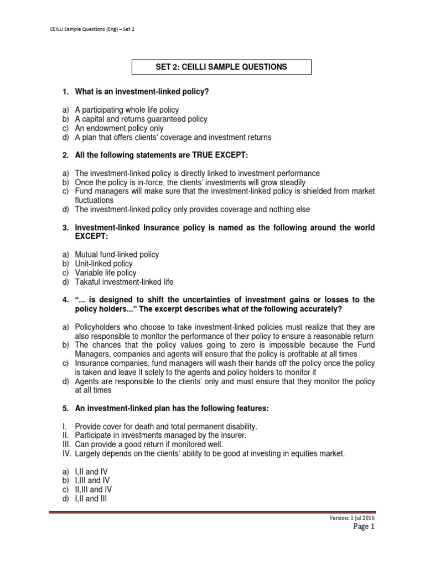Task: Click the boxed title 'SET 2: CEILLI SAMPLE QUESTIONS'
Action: pyautogui.click(x=221, y=67)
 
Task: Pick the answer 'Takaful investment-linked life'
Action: pyautogui.click(x=124, y=282)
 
